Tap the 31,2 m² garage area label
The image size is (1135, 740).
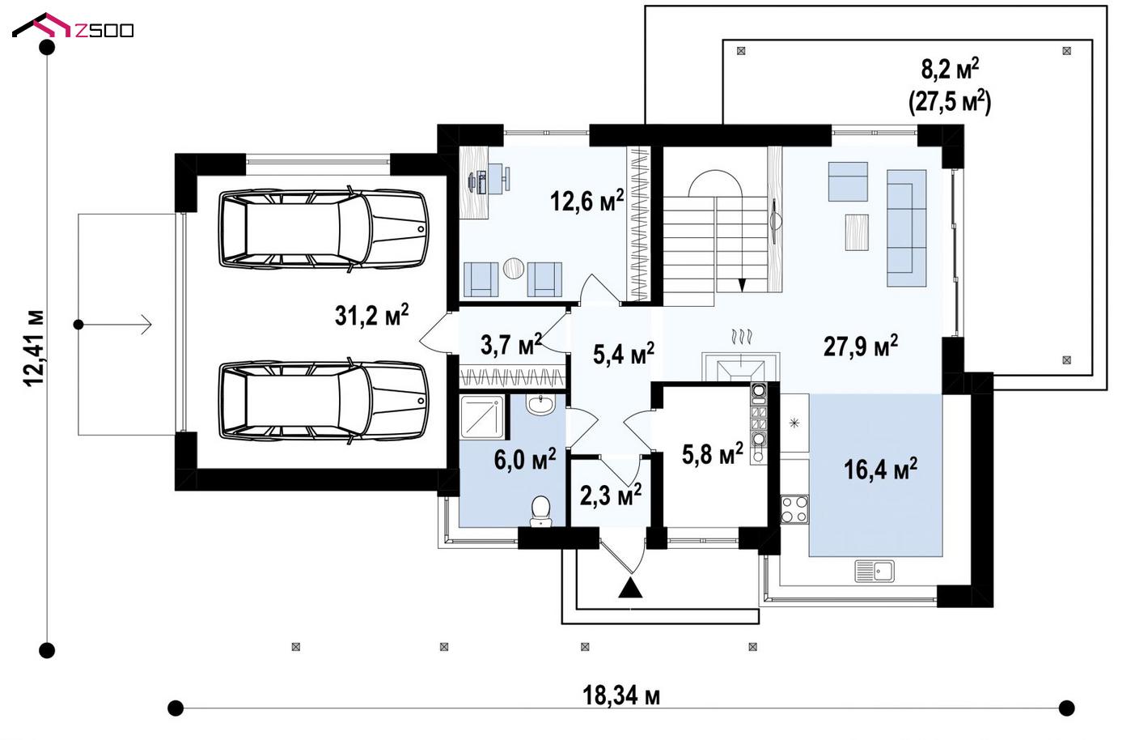coord(371,315)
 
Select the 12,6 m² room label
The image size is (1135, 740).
coord(587,200)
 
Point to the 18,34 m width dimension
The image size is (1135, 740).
coord(621,695)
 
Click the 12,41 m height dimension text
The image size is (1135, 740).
coord(35,348)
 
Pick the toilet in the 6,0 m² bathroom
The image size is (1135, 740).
coord(540,511)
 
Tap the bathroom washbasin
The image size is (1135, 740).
coord(540,404)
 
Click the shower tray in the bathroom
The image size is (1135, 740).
coord(482,417)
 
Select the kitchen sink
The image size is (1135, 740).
coord(874,571)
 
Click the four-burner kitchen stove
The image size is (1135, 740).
coord(794,509)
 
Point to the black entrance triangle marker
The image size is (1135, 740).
coord(630,588)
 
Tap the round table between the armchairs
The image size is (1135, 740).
coord(513,268)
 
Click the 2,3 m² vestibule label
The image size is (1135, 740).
coord(611,495)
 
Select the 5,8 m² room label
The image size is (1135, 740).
coord(713,453)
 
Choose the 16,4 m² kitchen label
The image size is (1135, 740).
coord(880,469)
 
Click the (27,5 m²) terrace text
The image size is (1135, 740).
coord(950,102)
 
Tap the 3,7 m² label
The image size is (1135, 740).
coord(510,345)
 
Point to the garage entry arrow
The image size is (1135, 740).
coord(115,325)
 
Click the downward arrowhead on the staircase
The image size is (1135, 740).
coord(742,285)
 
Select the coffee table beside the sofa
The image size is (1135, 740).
coord(857,232)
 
